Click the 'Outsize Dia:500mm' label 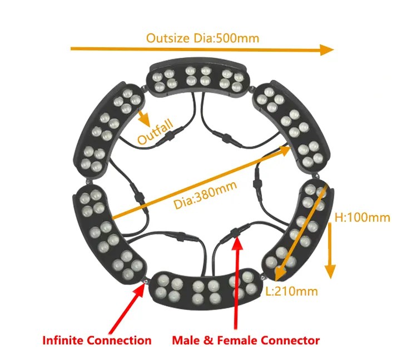[x=202, y=38]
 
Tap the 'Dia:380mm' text [x=205, y=195]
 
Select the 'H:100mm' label [x=362, y=218]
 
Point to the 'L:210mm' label [x=292, y=291]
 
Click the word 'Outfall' [x=155, y=132]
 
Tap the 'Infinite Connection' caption [x=97, y=341]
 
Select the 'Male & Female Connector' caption [x=246, y=341]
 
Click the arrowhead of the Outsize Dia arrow [x=327, y=50]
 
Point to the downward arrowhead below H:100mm [x=330, y=272]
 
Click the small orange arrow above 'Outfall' [x=144, y=118]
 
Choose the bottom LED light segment [x=205, y=289]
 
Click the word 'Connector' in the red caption [x=290, y=341]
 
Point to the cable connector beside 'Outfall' [x=169, y=136]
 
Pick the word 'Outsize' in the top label [x=168, y=38]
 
